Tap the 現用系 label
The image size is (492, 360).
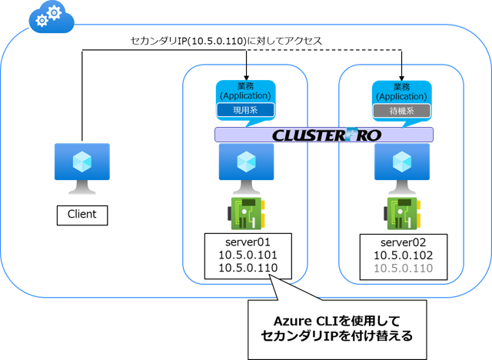coord(245,112)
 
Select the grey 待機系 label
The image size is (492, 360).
coord(401,112)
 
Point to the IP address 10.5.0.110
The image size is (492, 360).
coord(403,268)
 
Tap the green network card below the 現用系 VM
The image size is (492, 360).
coord(247,214)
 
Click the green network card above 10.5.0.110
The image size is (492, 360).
coord(402,214)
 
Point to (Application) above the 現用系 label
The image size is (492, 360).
coord(245,97)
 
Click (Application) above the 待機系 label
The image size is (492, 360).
coord(401,97)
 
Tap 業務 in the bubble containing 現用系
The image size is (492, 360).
coord(245,86)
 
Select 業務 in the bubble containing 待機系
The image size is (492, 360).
coord(401,86)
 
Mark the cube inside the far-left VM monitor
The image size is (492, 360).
coord(81,162)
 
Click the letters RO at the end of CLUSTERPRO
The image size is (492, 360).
coord(367,135)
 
